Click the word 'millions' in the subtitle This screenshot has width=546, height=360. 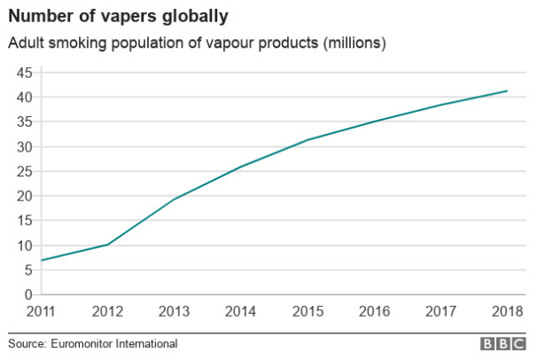[x=352, y=43]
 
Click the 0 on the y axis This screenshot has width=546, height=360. [x=29, y=294]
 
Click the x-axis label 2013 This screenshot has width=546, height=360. [x=175, y=312]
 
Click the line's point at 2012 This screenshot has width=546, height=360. [x=108, y=244]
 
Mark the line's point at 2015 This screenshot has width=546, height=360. [x=308, y=139]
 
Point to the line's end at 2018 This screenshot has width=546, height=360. [x=507, y=90]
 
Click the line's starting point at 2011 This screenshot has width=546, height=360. [x=41, y=260]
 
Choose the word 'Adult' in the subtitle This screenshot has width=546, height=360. [x=25, y=43]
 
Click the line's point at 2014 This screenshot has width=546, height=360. [x=241, y=166]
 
